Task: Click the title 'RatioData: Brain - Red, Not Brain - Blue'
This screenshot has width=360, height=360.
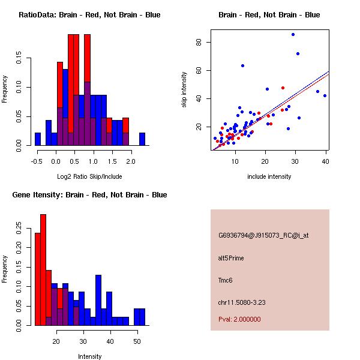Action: click(x=89, y=15)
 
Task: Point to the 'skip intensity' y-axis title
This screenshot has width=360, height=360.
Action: click(x=185, y=90)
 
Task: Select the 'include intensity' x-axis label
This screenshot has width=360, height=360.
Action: click(x=269, y=176)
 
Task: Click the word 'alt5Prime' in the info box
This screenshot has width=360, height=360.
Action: click(x=231, y=258)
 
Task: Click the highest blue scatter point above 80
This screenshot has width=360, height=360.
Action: click(x=293, y=34)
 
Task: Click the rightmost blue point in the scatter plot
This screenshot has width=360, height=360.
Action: click(x=325, y=95)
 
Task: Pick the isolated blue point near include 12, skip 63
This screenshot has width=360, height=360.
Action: click(x=242, y=65)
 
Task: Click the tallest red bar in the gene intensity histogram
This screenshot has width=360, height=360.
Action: click(x=43, y=269)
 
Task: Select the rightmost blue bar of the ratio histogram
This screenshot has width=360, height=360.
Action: click(x=142, y=139)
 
